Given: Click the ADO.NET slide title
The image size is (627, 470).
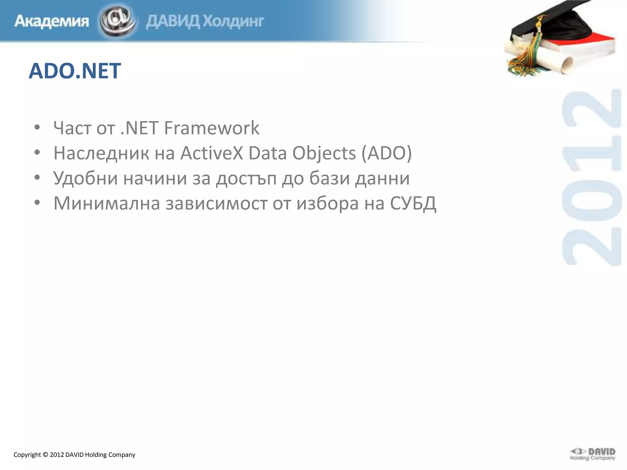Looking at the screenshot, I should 75,71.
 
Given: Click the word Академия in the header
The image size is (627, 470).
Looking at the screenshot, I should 51,21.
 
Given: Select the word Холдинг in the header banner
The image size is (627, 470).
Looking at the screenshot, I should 233,21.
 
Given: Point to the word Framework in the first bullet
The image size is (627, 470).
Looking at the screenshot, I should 212,128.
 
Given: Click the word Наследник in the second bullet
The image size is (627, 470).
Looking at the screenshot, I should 101,153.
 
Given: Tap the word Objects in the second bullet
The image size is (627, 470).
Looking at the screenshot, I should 324,153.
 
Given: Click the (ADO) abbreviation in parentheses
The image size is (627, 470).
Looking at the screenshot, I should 387,153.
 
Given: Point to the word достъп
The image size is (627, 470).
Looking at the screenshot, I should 246,178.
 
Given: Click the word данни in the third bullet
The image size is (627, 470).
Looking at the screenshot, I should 382,178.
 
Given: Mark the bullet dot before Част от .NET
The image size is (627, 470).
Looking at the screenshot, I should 37,128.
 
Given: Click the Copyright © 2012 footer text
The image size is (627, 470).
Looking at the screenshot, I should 74,455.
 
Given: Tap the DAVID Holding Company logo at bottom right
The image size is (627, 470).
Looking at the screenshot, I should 593,454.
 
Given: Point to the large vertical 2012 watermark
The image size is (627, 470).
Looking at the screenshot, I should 591,177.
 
